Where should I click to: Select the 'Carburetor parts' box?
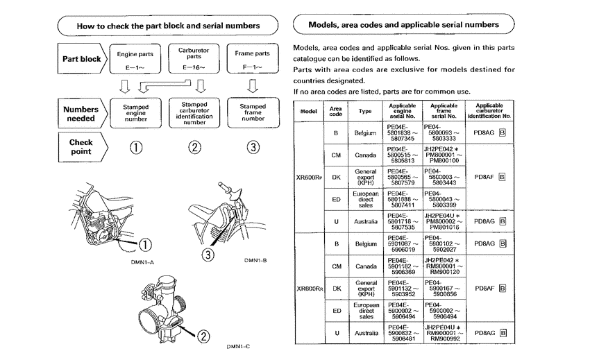194,58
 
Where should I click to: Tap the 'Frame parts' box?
253,58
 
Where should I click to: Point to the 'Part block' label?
82,59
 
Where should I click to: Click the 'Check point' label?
81,146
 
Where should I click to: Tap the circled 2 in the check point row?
194,147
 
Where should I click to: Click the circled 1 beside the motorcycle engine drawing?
144,243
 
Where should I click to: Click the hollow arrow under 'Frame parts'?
253,87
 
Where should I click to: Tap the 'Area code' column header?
336,111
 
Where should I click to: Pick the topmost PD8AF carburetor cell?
489,177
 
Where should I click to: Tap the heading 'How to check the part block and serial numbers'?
169,26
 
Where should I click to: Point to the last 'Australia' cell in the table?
365,334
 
